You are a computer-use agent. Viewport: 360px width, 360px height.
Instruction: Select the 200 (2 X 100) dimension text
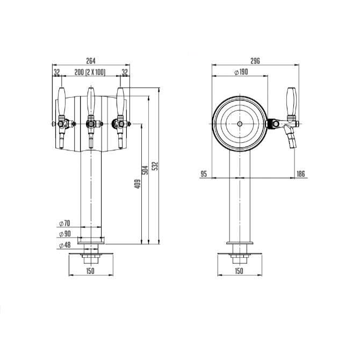coord(90,72)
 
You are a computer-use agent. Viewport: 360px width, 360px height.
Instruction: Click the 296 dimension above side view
coord(255,61)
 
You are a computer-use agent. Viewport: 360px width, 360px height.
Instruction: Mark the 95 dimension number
coord(204,173)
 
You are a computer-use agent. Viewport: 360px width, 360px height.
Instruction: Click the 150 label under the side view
coord(240,271)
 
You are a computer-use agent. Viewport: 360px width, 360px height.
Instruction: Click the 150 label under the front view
coord(90,271)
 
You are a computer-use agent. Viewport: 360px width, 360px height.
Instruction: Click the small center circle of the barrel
coord(240,124)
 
